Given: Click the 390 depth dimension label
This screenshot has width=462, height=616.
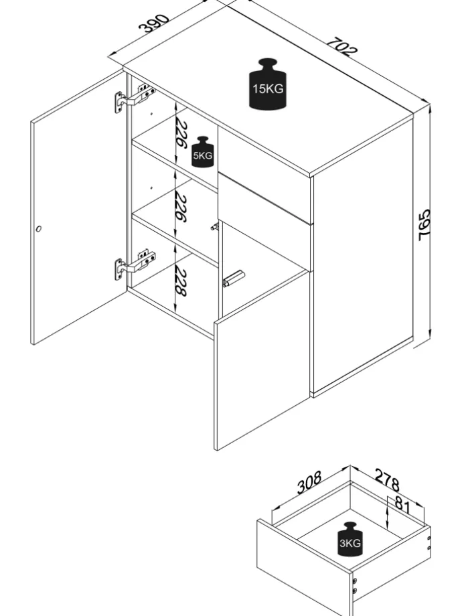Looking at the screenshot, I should click(153, 23).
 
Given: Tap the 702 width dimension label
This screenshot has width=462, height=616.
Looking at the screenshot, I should click(342, 45).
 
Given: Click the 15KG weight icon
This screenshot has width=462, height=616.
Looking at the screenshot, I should click(268, 84).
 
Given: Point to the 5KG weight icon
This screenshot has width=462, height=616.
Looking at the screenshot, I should click(202, 153).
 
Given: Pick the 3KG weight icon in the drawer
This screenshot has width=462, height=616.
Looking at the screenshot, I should click(350, 540).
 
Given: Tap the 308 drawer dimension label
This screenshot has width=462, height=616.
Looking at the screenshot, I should click(309, 481).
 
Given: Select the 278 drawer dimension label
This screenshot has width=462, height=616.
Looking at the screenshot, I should click(386, 480).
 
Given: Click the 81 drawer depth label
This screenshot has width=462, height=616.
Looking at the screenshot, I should click(402, 503).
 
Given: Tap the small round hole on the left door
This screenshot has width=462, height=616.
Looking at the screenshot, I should click(38, 229).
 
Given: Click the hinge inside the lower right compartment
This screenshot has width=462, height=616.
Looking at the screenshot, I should click(234, 278).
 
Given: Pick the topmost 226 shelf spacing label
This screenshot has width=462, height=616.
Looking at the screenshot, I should click(181, 135).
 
